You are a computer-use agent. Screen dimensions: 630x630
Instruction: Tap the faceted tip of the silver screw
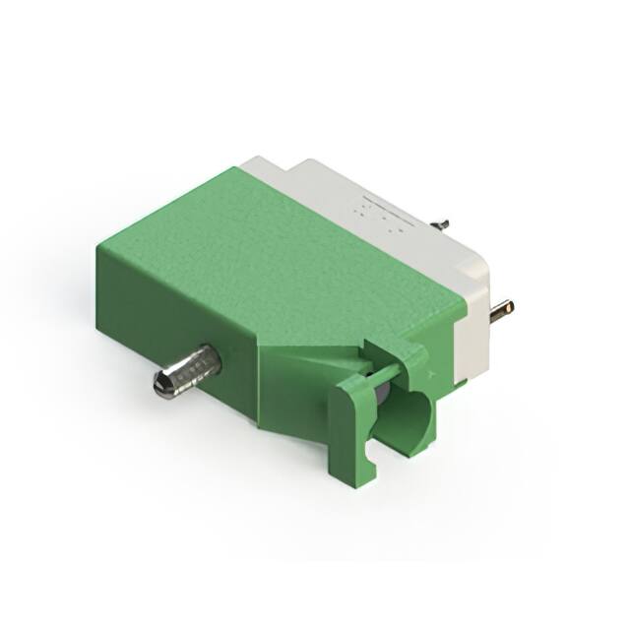pos(162,383)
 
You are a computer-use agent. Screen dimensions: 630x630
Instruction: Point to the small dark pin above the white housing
pos(443,224)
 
